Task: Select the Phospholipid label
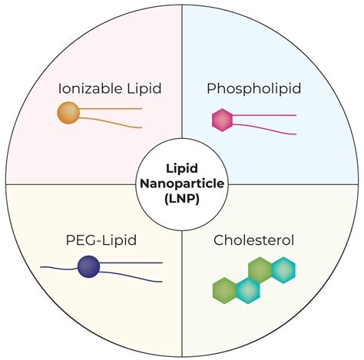[x=253, y=89]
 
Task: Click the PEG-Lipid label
[x=101, y=240]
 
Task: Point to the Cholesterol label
[x=253, y=240]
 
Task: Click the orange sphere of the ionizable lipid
[x=68, y=113]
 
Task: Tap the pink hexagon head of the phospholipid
[x=223, y=120]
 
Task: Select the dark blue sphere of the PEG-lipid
[x=88, y=266]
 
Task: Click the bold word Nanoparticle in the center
[x=182, y=183]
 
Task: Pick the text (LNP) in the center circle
[x=182, y=199]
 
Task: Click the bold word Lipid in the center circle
[x=182, y=169]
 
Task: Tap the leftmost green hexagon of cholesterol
[x=224, y=290]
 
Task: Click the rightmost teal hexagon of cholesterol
[x=283, y=270]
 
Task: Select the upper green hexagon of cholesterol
[x=260, y=270]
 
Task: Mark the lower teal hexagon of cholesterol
[x=248, y=291]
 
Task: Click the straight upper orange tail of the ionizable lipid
[x=111, y=109]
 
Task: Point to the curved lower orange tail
[x=111, y=121]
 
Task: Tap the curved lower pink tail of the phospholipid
[x=264, y=128]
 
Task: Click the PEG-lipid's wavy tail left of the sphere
[x=59, y=268]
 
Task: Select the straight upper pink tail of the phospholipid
[x=264, y=115]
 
